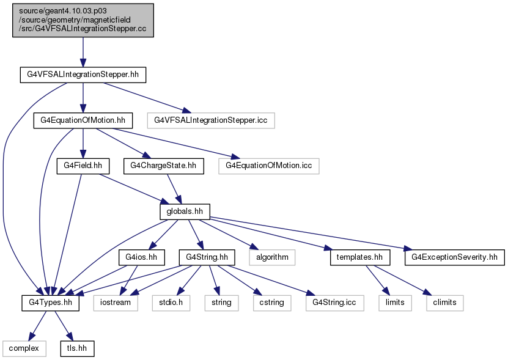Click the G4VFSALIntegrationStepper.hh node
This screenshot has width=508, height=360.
coord(83,75)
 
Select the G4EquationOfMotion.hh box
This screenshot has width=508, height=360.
coord(83,120)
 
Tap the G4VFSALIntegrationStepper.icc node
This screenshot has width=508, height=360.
coord(211,120)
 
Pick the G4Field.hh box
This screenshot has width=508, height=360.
coord(83,166)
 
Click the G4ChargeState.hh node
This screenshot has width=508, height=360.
coord(164,166)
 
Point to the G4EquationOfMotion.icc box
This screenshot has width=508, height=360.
coord(269,166)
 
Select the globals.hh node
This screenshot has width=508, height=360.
coord(185,211)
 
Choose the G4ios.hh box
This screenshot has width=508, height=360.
coord(141,257)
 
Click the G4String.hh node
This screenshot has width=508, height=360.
coord(207,257)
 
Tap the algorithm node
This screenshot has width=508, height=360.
coord(272,257)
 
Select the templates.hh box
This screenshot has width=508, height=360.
coord(360,257)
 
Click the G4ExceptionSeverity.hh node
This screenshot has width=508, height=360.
coord(455,257)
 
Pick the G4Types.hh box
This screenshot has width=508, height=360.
coord(51,303)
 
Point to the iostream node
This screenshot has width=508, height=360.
coord(116,303)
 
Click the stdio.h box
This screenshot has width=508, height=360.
coord(171,303)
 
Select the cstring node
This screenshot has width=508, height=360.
coord(272,303)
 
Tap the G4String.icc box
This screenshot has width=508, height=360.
coord(334,303)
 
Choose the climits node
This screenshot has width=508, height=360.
coord(445,303)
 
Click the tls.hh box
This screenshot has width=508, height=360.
coord(77,348)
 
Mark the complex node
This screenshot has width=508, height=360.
coord(24,348)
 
